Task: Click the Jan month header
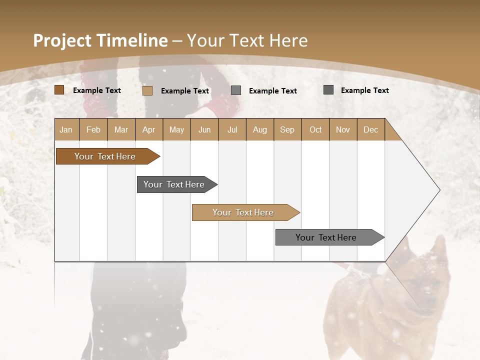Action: click(x=66, y=129)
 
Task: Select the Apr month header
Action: click(x=148, y=129)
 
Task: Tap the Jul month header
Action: click(x=232, y=129)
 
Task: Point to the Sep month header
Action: click(x=287, y=129)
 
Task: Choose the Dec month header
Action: click(x=370, y=129)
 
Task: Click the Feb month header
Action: click(x=93, y=129)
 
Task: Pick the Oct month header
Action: click(x=315, y=129)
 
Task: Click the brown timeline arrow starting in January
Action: click(x=105, y=156)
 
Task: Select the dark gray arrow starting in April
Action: click(x=174, y=184)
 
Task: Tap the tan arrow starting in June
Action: click(x=243, y=212)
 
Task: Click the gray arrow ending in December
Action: click(x=326, y=237)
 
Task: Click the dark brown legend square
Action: click(x=59, y=90)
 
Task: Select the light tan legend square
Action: click(x=147, y=90)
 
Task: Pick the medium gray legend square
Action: click(x=236, y=90)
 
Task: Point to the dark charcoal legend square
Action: click(x=328, y=90)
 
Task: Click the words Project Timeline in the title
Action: click(x=100, y=40)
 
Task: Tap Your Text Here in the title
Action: click(x=247, y=40)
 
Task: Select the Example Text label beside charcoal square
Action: click(x=365, y=90)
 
